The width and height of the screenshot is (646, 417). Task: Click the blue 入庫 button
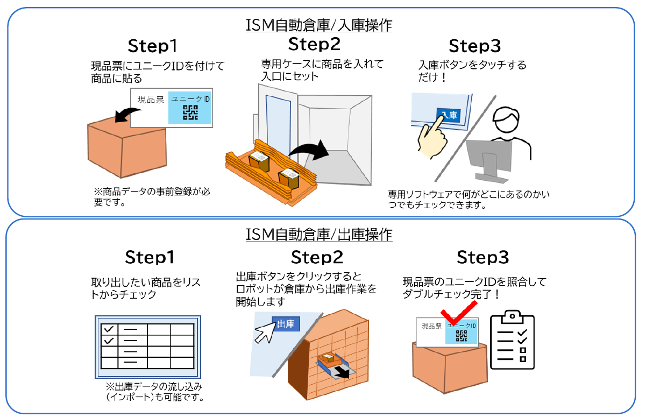[449, 116]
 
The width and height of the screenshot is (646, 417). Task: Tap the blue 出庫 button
[286, 323]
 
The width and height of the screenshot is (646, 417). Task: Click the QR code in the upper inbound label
[190, 112]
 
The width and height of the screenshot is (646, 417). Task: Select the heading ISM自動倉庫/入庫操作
[318, 25]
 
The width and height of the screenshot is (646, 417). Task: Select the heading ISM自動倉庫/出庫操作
[318, 235]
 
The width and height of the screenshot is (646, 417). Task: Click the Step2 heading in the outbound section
[317, 257]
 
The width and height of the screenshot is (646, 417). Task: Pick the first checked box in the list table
[109, 329]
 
